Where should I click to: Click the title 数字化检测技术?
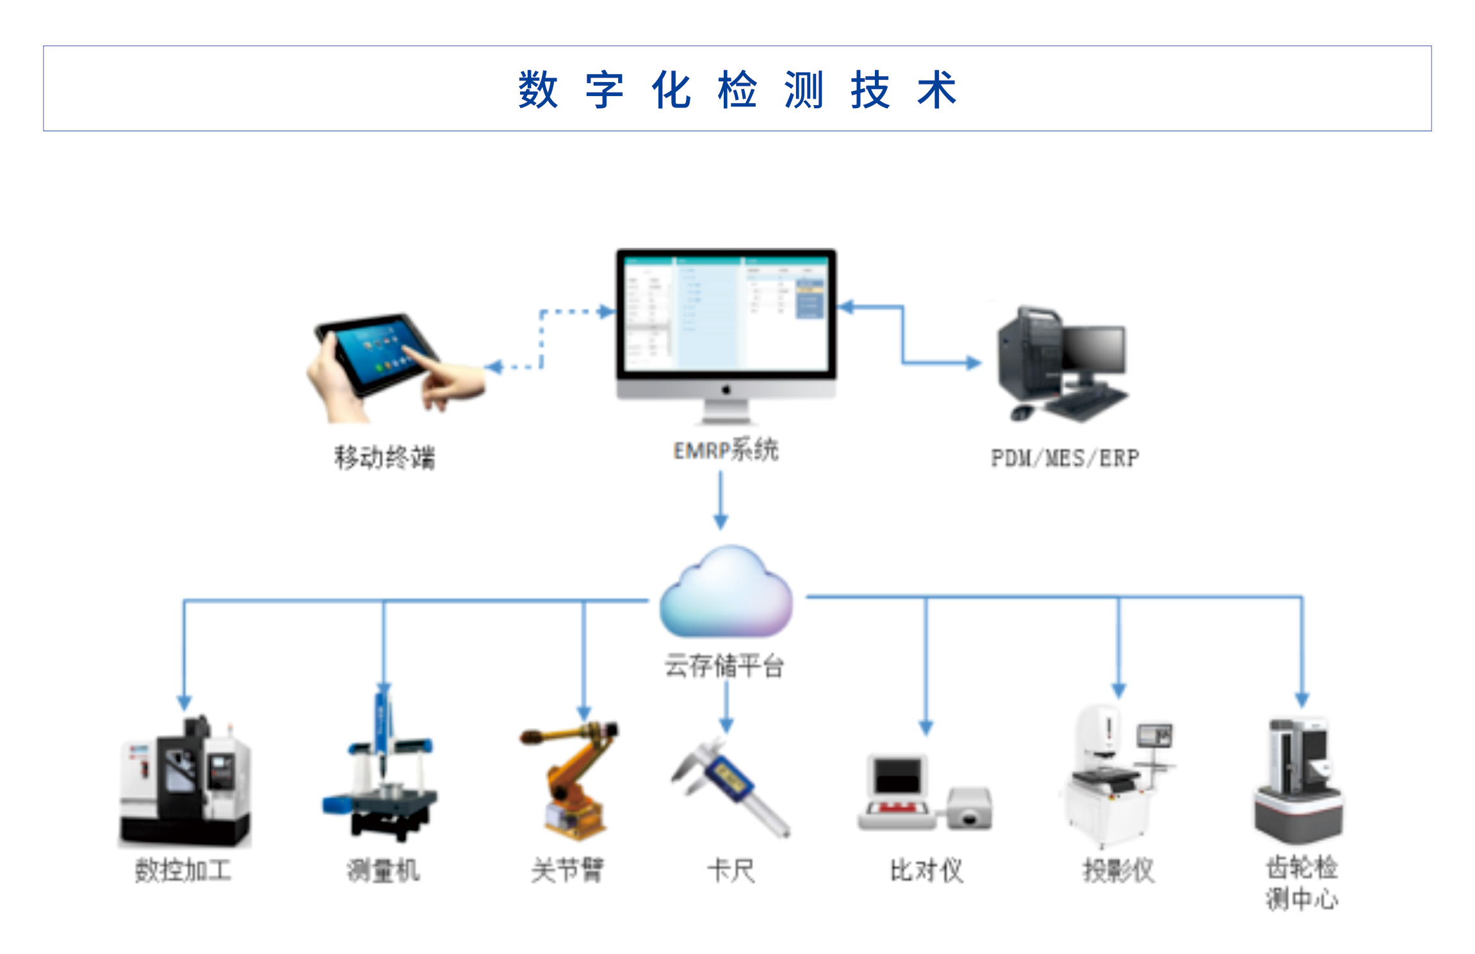point(737,90)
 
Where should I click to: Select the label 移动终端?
point(384,458)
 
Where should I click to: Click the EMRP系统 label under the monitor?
point(726,450)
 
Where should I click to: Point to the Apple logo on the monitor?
point(726,389)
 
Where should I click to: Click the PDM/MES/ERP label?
point(1064,458)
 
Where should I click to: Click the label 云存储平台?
point(724,666)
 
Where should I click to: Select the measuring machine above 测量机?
point(382,775)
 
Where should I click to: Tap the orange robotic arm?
point(570,778)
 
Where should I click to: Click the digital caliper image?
point(730,788)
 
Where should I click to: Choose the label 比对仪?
point(926,871)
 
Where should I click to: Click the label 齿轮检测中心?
point(1301,884)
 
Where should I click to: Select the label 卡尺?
point(731,871)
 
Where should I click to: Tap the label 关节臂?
point(567,871)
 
